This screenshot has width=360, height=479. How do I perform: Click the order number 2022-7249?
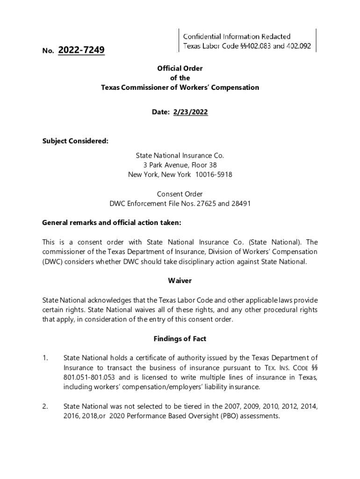pos(81,50)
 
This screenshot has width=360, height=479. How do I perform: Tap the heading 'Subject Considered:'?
pos(75,141)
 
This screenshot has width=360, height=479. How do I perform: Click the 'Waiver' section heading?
pos(180,281)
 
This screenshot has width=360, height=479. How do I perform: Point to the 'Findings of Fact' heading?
pos(180,339)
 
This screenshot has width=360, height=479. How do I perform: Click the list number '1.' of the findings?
pos(45,358)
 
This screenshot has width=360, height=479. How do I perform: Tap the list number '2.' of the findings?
pos(45,406)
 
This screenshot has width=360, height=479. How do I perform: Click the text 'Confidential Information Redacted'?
pos(237,36)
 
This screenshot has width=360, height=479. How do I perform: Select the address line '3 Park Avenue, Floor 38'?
pos(180,165)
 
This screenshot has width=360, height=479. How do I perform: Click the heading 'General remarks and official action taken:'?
pos(111,223)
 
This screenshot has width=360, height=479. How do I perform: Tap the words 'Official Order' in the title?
pos(180,68)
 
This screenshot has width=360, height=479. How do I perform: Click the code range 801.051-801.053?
pos(90,377)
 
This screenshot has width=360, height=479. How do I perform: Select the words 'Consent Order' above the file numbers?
pos(180,194)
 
